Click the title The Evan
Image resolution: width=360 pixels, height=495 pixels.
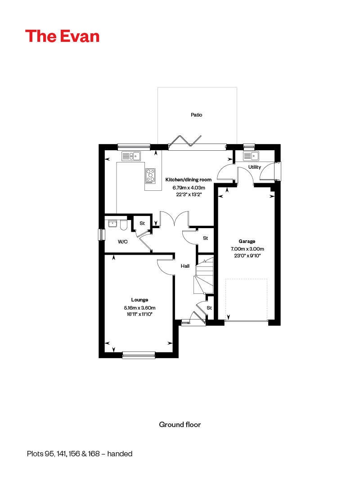tap(62, 36)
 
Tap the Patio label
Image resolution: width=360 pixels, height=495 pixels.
tap(196, 115)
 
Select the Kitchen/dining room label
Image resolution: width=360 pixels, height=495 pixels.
tap(188, 180)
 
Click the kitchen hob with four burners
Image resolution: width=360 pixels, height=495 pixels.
tap(150, 175)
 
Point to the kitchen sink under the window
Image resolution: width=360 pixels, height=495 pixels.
tap(131, 156)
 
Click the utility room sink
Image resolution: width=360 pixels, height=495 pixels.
tap(251, 156)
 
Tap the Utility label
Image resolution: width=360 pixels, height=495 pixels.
tap(255, 167)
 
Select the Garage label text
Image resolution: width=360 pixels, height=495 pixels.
tap(247, 242)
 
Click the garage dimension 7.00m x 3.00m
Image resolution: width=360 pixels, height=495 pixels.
tap(247, 249)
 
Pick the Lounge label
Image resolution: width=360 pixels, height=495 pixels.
tap(139, 300)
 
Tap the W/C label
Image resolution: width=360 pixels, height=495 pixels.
tap(122, 242)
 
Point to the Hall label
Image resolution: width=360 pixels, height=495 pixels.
tap(185, 266)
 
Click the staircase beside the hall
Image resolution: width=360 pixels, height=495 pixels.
tap(204, 274)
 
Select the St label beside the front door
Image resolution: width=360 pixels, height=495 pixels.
tap(209, 308)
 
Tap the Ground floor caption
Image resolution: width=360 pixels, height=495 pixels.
tap(180, 424)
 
